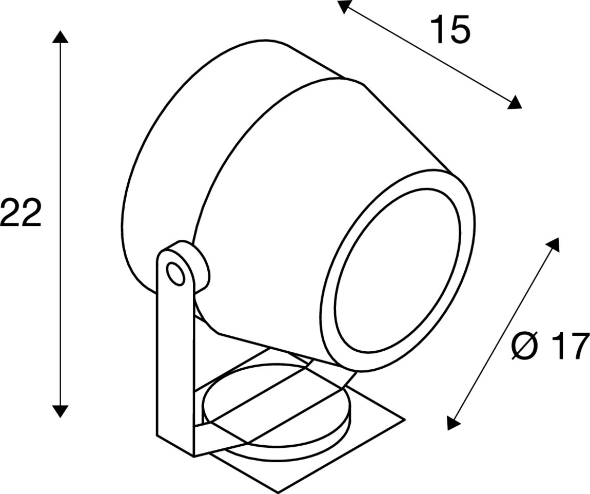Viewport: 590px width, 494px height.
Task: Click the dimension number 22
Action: [21, 213]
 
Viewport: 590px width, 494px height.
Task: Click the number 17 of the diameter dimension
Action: [571, 347]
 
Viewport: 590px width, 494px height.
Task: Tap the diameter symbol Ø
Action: [524, 347]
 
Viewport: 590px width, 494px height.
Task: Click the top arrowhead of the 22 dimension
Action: [60, 36]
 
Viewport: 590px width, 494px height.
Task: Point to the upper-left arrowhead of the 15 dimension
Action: [343, 6]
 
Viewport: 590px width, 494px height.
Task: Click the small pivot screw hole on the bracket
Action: [176, 273]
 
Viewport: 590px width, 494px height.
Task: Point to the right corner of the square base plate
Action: [405, 419]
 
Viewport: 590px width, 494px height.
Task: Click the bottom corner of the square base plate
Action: [278, 493]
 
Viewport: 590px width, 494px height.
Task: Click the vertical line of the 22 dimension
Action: [60, 224]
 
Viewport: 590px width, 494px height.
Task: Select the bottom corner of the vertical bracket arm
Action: [194, 457]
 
